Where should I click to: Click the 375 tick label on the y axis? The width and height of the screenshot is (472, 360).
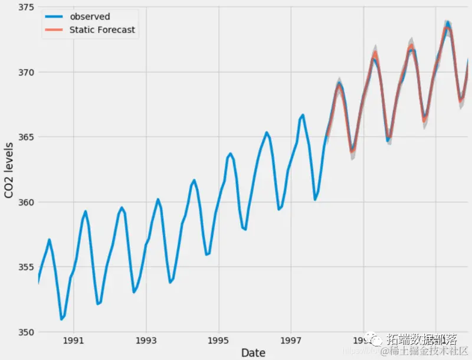click(x=25, y=8)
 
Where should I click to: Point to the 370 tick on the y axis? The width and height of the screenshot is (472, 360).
click(x=25, y=72)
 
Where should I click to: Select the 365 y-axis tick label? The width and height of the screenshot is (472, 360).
click(x=25, y=137)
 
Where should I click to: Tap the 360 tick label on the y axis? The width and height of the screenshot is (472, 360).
click(x=25, y=202)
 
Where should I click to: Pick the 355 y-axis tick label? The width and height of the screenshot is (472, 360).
click(x=25, y=267)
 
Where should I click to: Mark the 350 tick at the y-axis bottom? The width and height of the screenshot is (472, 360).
click(x=25, y=332)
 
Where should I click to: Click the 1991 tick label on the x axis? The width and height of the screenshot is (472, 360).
click(x=73, y=341)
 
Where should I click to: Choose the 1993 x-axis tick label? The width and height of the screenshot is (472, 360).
click(x=146, y=341)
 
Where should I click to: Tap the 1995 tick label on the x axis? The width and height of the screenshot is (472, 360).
click(x=218, y=341)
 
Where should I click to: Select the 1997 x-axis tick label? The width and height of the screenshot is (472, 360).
click(x=291, y=341)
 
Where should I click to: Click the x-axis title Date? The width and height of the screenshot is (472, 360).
click(x=253, y=352)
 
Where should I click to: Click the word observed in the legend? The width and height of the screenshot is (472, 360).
click(x=90, y=17)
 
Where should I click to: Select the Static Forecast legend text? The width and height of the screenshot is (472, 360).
click(x=102, y=30)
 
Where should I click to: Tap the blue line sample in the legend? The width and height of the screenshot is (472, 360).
click(x=55, y=17)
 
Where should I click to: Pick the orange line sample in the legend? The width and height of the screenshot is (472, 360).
click(x=55, y=30)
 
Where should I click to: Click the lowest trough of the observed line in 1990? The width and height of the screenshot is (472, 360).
click(x=61, y=319)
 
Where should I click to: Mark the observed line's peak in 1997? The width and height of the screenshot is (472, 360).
click(x=303, y=115)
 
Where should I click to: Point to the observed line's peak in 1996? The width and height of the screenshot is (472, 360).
click(x=267, y=132)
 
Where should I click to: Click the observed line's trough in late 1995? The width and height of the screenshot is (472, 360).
click(x=245, y=229)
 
